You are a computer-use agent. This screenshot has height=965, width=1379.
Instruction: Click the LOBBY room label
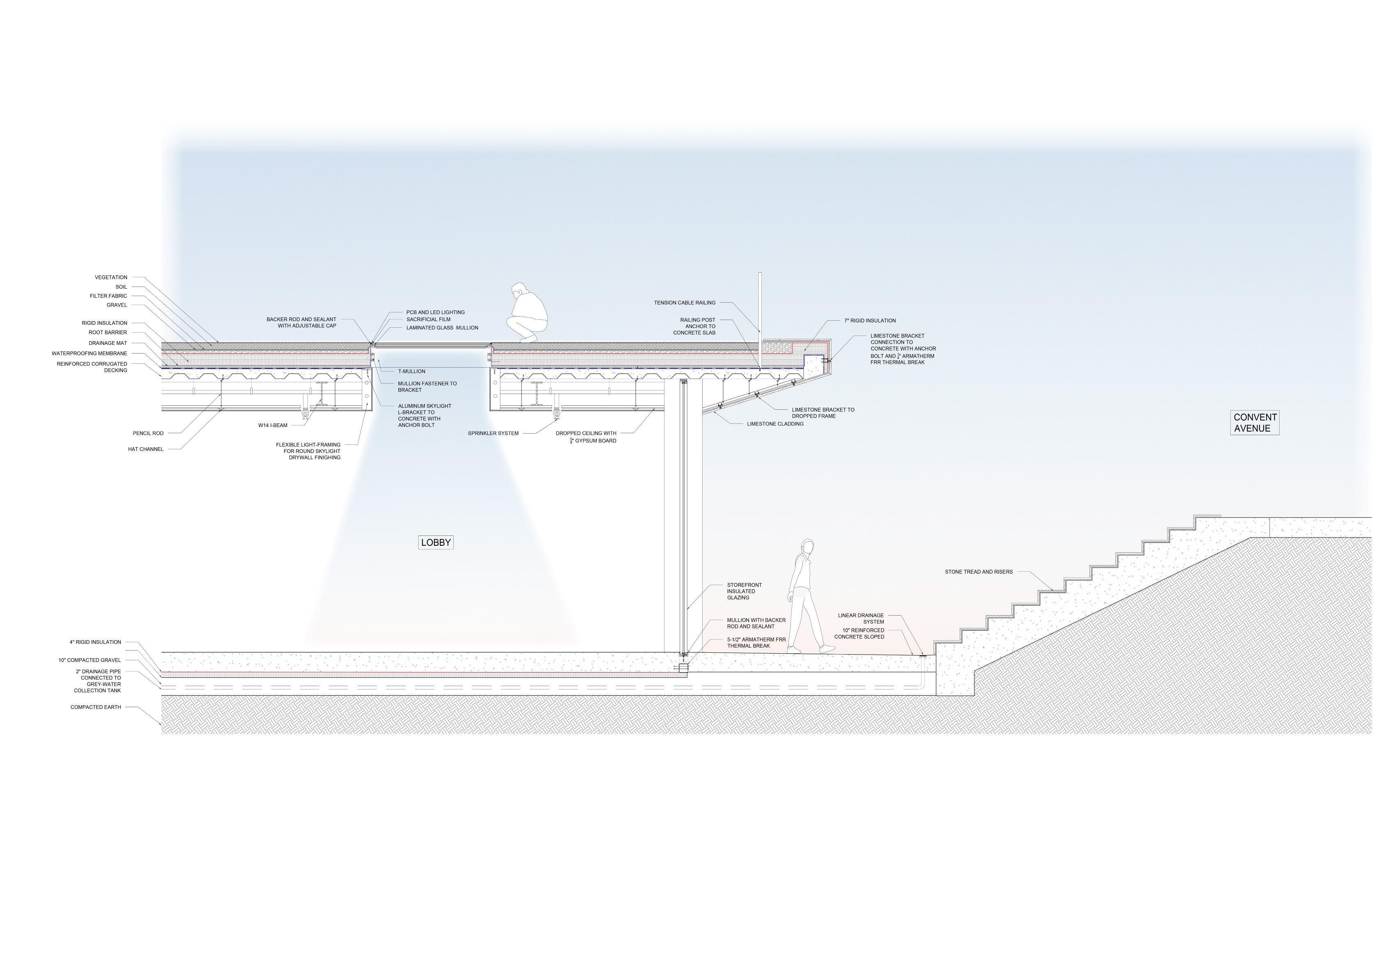point(435,543)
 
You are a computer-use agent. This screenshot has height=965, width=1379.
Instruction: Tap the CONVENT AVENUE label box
point(1254,423)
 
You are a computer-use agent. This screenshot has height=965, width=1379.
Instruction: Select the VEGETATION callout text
point(111,278)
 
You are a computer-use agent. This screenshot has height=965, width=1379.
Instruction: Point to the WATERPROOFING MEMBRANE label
point(90,354)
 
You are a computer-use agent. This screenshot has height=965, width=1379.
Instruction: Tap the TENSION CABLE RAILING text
point(685,303)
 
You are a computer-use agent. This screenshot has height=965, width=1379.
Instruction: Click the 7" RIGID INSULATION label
point(870,321)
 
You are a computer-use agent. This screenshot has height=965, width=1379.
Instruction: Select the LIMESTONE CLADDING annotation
point(775,424)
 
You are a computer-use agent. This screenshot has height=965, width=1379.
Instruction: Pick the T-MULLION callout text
point(411,372)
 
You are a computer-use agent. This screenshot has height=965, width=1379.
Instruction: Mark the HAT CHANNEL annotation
point(145,449)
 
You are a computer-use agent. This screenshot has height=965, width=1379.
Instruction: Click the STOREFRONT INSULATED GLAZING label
point(744,591)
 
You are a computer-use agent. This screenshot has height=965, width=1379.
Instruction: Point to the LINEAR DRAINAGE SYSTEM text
point(861,618)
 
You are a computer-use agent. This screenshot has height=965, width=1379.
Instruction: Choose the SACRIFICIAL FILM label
point(428,320)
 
